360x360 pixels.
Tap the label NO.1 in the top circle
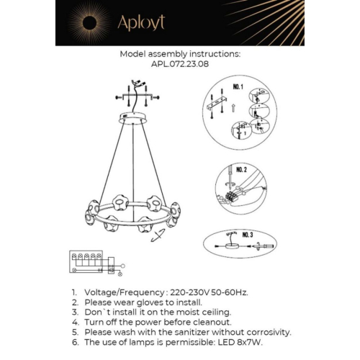click(x=238, y=87)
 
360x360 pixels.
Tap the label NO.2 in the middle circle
click(x=240, y=171)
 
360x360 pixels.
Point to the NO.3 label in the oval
click(x=247, y=235)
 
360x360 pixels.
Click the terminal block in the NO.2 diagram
click(x=233, y=194)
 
